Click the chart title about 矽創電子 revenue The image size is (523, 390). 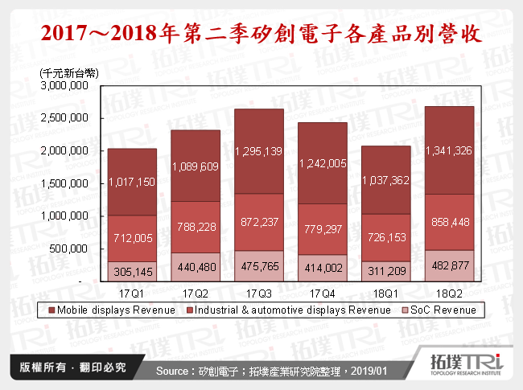pyautogui.click(x=261, y=35)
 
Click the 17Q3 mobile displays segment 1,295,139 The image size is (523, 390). pyautogui.click(x=260, y=150)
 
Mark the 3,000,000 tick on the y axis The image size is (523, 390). pyautogui.click(x=66, y=85)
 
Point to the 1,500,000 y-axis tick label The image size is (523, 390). pyautogui.click(x=66, y=183)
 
